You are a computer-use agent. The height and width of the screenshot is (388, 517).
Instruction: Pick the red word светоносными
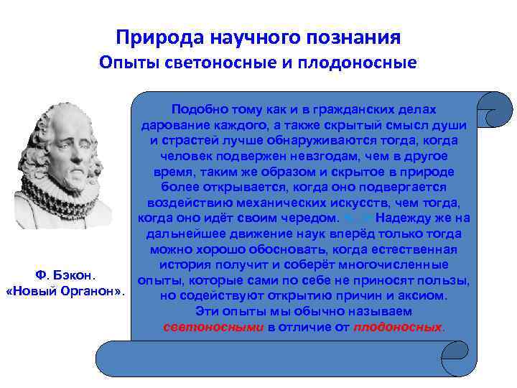point(213,327)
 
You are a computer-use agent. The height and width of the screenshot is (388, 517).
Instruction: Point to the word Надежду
point(410,218)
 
